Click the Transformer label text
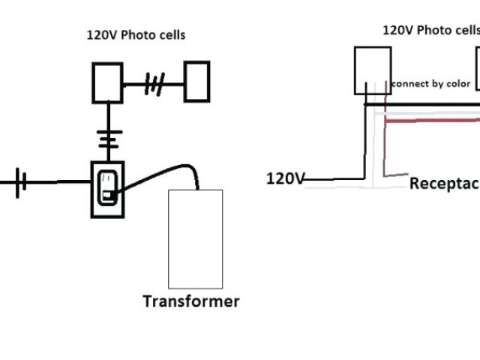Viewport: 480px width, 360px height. point(191,301)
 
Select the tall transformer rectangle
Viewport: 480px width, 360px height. point(196,238)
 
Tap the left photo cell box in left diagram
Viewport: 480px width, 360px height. point(107,82)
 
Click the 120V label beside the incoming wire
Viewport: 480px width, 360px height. point(286,178)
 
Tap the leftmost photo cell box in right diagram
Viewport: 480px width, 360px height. point(372,70)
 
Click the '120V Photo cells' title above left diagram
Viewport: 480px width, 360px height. point(135,34)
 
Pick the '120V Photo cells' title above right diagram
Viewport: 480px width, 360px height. point(430,30)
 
